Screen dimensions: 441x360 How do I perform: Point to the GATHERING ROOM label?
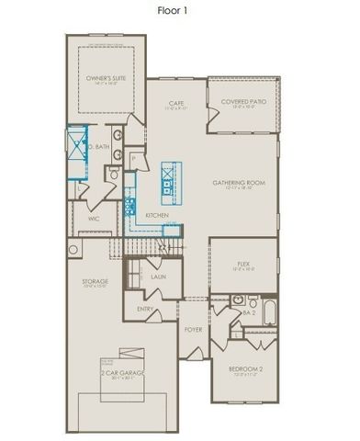[239, 182]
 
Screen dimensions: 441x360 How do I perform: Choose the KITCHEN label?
[157, 215]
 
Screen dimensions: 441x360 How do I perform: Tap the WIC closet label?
[94, 219]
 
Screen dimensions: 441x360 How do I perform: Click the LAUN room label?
[158, 275]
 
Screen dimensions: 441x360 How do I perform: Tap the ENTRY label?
[145, 309]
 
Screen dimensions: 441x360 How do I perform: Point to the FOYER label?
[193, 327]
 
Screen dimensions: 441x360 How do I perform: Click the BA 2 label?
[248, 312]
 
